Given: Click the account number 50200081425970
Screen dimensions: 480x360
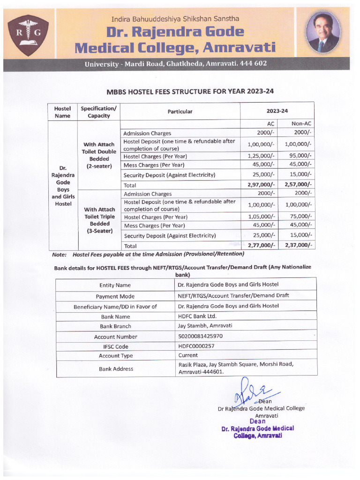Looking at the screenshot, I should [200, 337].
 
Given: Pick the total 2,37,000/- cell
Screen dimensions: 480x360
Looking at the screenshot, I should [296, 246].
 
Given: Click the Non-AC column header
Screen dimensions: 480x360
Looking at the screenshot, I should [301, 124].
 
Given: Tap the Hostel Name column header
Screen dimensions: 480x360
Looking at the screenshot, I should [62, 112].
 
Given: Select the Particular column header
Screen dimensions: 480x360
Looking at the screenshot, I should [180, 112].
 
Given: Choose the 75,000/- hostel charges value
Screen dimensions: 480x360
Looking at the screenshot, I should [300, 217].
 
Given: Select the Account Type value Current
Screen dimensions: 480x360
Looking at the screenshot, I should [188, 356].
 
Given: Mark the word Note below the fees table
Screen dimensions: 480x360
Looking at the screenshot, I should [60, 254].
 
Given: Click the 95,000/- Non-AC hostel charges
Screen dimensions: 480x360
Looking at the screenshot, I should [300, 156].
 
